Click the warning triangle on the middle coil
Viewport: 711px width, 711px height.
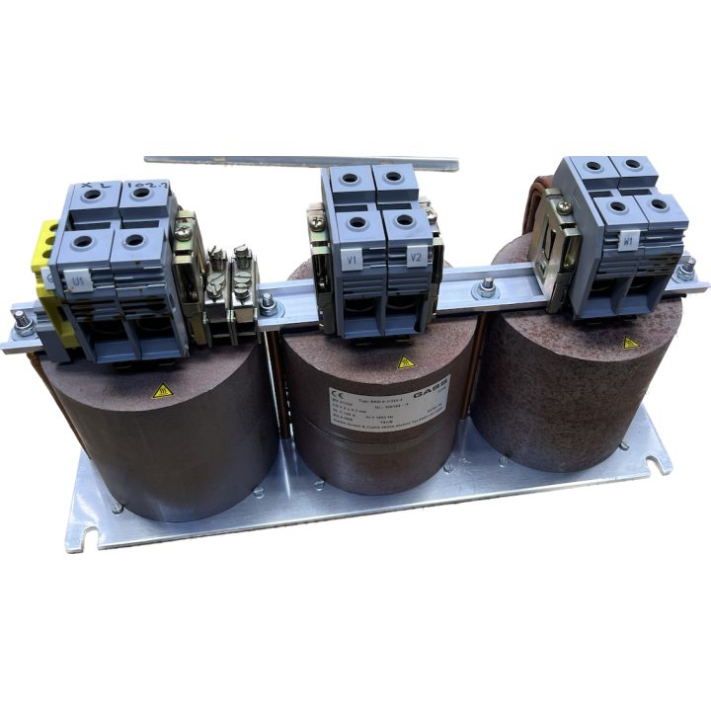tap(404, 362)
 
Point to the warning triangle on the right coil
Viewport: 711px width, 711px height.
tap(630, 342)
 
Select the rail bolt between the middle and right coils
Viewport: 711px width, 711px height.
tap(487, 288)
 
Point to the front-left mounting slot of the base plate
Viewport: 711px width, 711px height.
tap(89, 538)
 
